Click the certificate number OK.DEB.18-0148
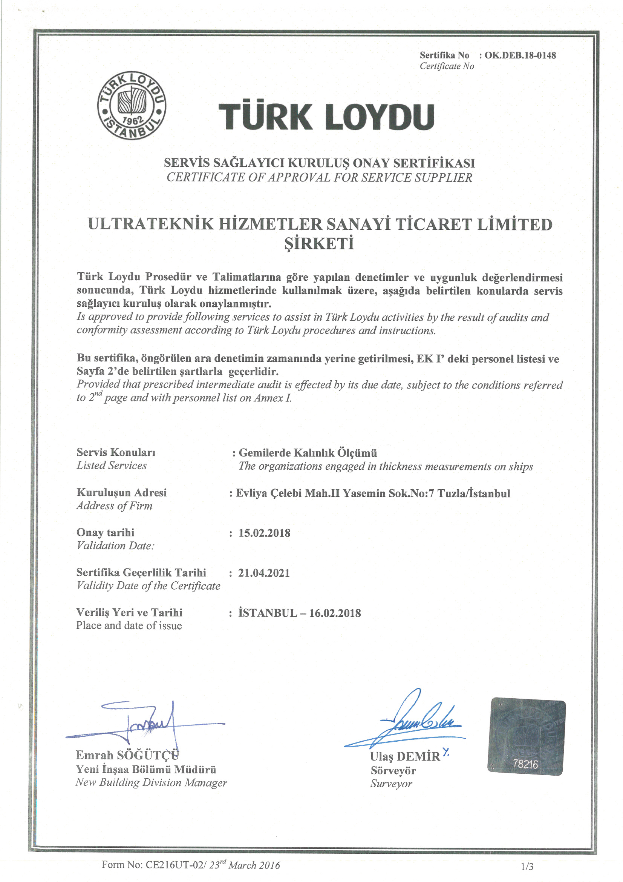pyautogui.click(x=520, y=55)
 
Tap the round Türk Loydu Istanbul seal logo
pyautogui.click(x=132, y=105)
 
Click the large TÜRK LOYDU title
pyautogui.click(x=326, y=117)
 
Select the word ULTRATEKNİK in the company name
pyautogui.click(x=150, y=224)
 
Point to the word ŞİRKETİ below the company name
pyautogui.click(x=319, y=244)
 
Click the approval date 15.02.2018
pyautogui.click(x=265, y=533)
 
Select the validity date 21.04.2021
pyautogui.click(x=264, y=573)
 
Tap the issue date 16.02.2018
pyautogui.click(x=335, y=613)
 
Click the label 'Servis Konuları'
pyautogui.click(x=116, y=452)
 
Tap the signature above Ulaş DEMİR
pyautogui.click(x=415, y=721)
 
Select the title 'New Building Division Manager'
pyautogui.click(x=151, y=782)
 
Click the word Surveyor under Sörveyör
pyautogui.click(x=391, y=784)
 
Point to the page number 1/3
pyautogui.click(x=527, y=866)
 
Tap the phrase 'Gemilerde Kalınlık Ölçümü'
pyautogui.click(x=308, y=453)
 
